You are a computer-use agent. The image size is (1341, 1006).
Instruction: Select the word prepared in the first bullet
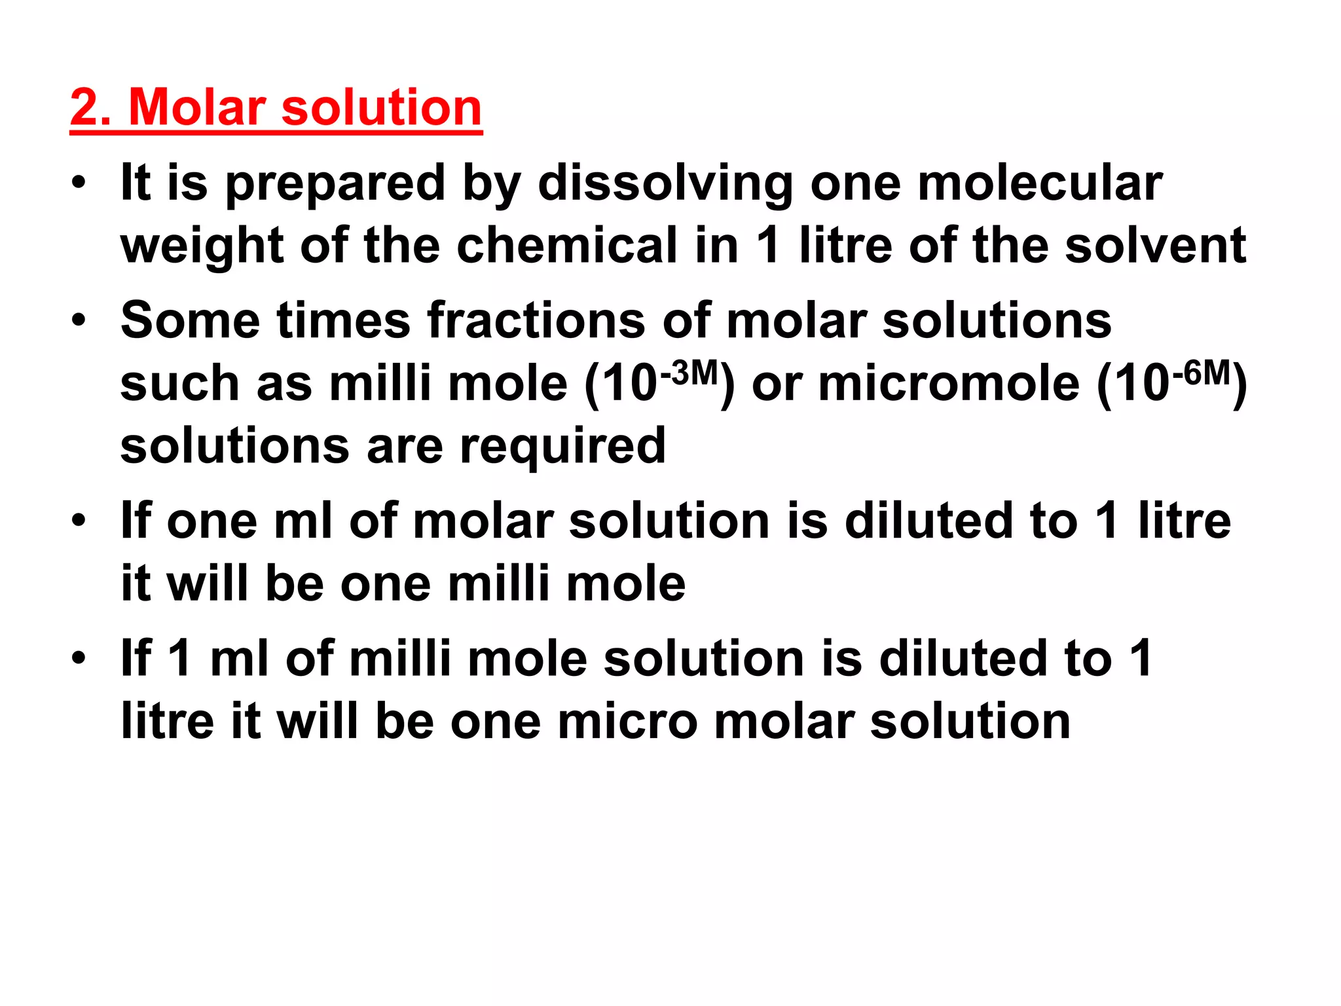336,185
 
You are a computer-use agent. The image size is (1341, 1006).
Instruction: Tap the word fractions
536,321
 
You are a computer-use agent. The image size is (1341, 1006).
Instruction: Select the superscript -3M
689,373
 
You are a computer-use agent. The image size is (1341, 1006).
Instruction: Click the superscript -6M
1202,373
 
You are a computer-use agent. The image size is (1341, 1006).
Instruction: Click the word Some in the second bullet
190,321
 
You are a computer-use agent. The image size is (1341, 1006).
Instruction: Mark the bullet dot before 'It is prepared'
79,183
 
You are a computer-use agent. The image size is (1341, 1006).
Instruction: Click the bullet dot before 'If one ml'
79,521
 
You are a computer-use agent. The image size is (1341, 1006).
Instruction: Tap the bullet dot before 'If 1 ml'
79,658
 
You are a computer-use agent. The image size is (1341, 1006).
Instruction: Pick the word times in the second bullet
343,321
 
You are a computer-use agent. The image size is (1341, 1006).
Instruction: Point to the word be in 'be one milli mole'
295,583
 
